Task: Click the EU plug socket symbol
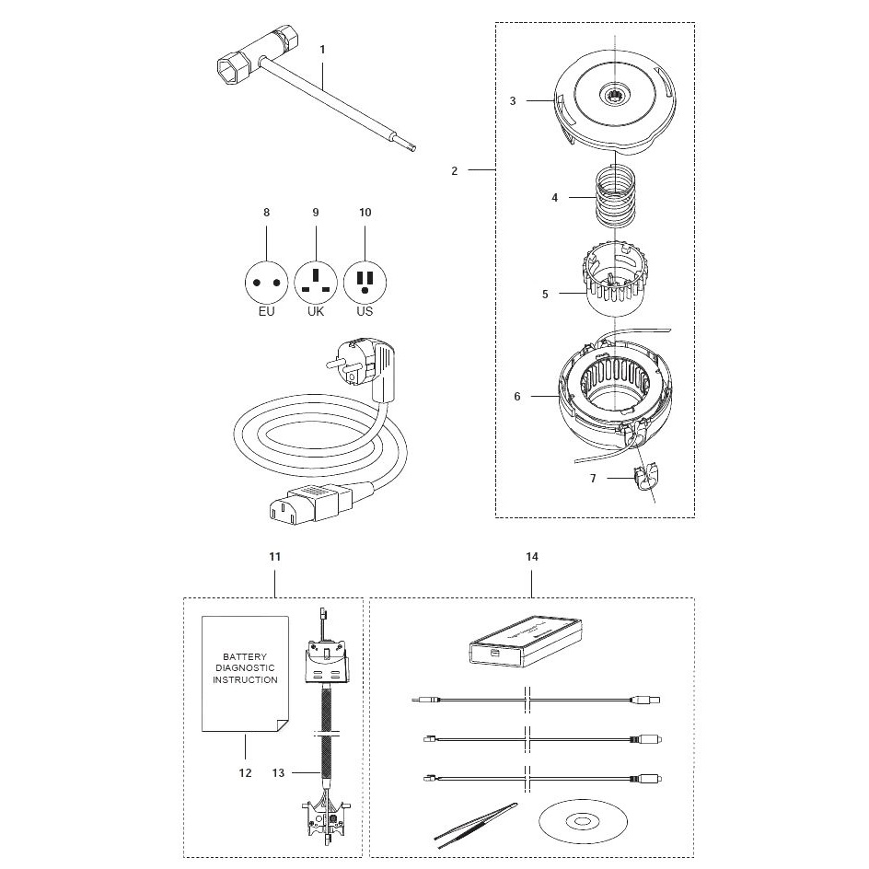coord(267,283)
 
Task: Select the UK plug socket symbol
coord(316,283)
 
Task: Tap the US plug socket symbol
coord(365,283)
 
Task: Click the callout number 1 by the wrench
coord(322,50)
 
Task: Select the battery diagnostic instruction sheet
coord(245,674)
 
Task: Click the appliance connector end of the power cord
coord(311,503)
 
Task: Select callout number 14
coord(532,556)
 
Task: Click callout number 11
coord(275,556)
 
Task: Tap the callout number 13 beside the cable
coord(278,772)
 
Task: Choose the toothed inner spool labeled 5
coord(615,279)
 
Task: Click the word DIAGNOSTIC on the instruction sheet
coord(245,667)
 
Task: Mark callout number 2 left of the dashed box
coord(455,170)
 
